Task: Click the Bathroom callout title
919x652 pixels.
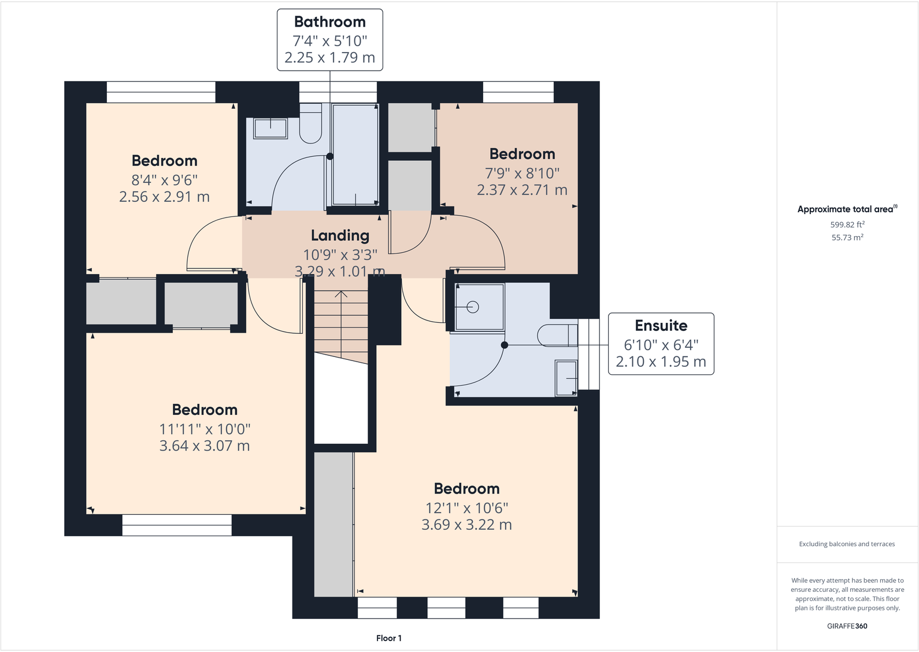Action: point(330,22)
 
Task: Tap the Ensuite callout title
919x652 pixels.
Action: point(661,326)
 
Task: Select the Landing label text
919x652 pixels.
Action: point(340,235)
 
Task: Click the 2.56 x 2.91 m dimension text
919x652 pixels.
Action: point(165,197)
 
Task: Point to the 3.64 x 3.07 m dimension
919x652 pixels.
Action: point(204,446)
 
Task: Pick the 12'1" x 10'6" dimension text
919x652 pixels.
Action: point(467,509)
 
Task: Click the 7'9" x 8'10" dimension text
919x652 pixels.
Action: point(523,173)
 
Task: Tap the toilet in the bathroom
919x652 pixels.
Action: point(310,123)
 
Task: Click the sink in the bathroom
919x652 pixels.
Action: point(270,128)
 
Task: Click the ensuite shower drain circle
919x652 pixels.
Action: point(473,307)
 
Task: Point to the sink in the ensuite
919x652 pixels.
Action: point(566,378)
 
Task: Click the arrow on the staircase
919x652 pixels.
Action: point(341,325)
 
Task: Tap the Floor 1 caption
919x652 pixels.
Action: point(389,638)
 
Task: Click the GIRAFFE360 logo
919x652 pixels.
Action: point(847,626)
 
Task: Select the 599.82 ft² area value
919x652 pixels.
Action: point(847,224)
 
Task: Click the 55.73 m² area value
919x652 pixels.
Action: point(847,237)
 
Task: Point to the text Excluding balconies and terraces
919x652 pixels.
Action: point(847,544)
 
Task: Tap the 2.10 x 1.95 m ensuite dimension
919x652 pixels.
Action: point(661,362)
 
